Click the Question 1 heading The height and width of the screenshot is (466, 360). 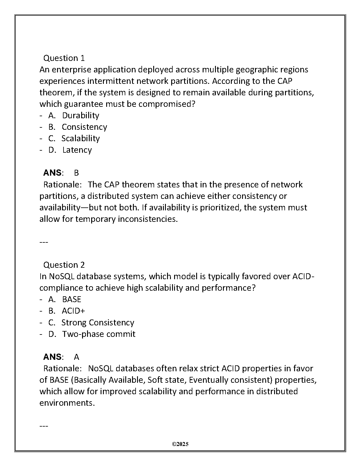point(64,58)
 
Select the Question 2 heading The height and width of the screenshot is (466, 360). point(64,265)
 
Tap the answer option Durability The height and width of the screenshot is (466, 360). point(81,115)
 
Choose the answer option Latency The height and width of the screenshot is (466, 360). point(77,150)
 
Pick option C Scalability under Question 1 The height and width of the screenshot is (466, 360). point(81,138)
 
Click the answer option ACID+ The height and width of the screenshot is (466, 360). point(73,311)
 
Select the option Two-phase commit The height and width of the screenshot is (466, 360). point(99,334)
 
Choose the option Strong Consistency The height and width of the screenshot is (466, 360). point(98,322)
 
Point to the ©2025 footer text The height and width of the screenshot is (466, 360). point(180,444)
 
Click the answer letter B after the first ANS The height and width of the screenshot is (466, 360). point(76,173)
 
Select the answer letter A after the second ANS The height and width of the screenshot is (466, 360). point(76,357)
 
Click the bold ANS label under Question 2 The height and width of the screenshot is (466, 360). point(52,357)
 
